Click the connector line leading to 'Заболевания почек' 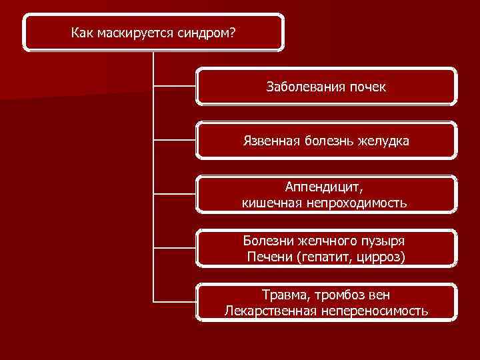pos(175,85)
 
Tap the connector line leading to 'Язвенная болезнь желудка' pos(175,140)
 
